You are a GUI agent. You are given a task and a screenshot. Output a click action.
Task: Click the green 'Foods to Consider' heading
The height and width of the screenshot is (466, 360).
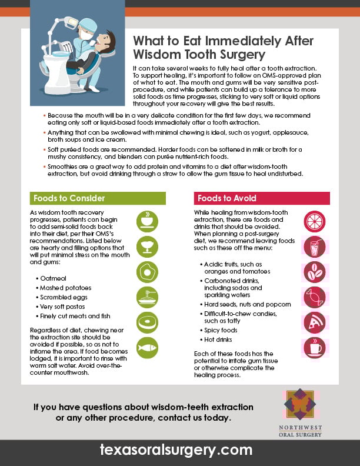click(69, 198)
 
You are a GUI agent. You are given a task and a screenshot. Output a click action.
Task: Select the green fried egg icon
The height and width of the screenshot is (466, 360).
click(147, 271)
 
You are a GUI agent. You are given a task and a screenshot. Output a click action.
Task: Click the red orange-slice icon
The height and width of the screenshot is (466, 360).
click(315, 221)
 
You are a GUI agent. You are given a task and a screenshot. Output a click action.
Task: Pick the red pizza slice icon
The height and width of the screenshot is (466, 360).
click(315, 322)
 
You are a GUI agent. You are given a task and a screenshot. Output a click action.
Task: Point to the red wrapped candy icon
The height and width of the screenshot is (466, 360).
click(315, 297)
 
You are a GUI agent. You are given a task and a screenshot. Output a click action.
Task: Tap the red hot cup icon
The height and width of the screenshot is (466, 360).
click(315, 348)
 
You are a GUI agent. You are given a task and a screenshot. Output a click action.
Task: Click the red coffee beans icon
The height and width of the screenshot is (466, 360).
click(315, 272)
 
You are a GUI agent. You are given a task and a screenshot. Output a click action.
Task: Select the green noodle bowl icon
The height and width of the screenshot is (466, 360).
click(147, 297)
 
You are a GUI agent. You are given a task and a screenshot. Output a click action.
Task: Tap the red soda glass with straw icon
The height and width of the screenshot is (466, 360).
click(315, 247)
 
